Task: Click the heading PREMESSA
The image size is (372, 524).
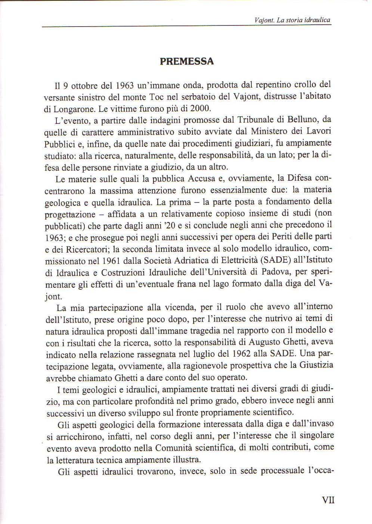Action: [x=187, y=61]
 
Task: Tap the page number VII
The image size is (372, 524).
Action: [x=328, y=500]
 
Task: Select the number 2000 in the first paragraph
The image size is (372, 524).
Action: [x=202, y=109]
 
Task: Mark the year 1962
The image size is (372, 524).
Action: [x=256, y=353]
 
